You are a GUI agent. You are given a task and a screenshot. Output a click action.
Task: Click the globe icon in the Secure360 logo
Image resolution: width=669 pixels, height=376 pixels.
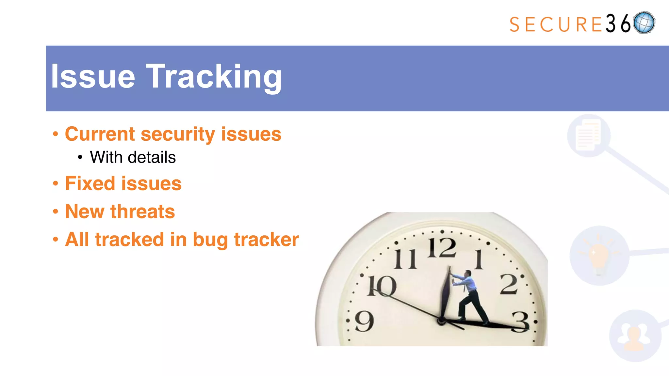(644, 23)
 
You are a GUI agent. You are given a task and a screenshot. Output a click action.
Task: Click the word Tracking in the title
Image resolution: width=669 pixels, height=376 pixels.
(214, 77)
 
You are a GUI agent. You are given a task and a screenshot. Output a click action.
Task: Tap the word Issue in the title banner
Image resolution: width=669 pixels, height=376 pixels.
(93, 77)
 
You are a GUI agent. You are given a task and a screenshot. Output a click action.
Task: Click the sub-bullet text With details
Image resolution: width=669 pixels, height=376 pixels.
(133, 157)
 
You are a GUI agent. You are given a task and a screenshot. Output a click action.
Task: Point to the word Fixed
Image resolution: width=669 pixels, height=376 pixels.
(90, 183)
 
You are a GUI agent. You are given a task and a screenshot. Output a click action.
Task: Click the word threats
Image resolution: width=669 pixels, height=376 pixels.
(142, 211)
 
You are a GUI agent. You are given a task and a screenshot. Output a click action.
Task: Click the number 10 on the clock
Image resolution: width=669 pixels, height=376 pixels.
(382, 286)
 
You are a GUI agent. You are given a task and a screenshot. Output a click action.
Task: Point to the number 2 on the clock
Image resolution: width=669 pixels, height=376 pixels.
(509, 284)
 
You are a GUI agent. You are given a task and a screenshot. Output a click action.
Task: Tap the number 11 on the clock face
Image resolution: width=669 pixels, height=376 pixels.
(405, 259)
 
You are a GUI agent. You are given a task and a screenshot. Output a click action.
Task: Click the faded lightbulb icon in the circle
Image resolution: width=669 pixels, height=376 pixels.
(599, 256)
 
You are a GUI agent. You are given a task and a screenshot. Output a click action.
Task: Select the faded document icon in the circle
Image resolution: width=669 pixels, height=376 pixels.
(588, 135)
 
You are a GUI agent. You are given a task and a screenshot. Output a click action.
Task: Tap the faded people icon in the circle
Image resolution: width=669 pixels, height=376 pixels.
(635, 336)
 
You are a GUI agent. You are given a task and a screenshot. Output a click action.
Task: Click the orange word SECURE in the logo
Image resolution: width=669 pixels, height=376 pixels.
(555, 25)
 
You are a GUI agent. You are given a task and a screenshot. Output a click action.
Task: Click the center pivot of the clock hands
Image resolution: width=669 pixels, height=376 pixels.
(441, 321)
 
